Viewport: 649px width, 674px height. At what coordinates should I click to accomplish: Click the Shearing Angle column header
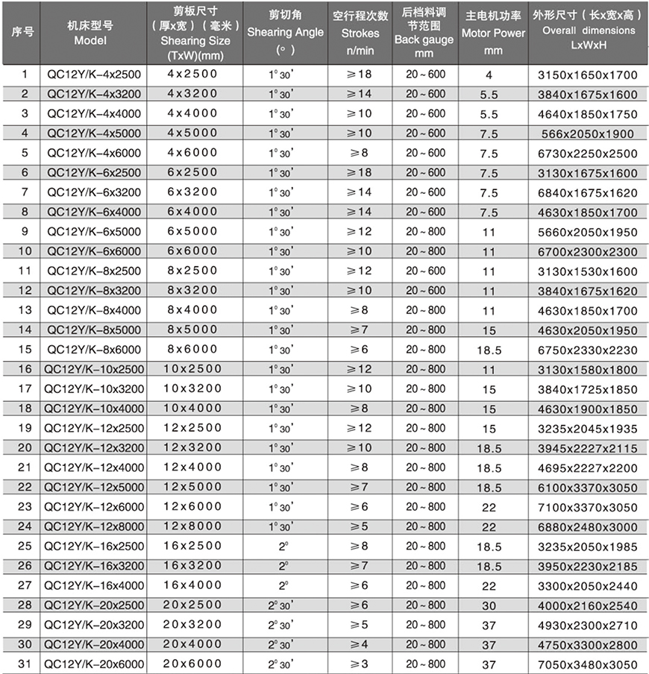click(285, 33)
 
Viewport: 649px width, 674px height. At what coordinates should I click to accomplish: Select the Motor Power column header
click(493, 33)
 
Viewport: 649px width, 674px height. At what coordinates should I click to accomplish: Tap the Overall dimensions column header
click(589, 33)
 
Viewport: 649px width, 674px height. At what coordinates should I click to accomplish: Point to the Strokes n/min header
click(360, 33)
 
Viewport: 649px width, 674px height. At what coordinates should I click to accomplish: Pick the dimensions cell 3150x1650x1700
click(589, 75)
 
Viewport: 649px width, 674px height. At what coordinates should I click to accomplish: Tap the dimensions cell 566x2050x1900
click(589, 134)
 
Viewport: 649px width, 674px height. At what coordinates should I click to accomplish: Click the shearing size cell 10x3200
click(192, 389)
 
